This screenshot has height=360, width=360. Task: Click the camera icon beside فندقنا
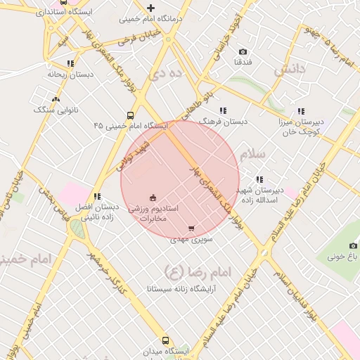[x=243, y=52]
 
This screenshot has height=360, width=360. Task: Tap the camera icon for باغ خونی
[x=353, y=245]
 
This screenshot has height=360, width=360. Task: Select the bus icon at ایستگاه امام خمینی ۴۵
[x=130, y=115]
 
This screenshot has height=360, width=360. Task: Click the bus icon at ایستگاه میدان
[x=165, y=341]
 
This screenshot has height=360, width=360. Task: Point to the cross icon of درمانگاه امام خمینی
[x=150, y=8]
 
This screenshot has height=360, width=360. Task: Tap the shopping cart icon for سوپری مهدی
[x=191, y=229]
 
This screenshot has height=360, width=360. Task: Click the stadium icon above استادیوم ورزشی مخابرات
[x=153, y=198]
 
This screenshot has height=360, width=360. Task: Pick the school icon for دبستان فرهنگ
[x=223, y=110]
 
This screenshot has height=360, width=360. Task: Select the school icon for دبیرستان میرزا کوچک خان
[x=301, y=111]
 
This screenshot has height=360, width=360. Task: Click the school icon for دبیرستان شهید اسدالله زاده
[x=259, y=179]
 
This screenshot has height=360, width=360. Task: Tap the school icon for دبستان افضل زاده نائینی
[x=97, y=196]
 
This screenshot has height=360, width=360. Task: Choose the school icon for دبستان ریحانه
[x=70, y=63]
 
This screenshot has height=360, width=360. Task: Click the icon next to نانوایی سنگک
[x=56, y=99]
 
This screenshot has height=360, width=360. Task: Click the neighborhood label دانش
[x=290, y=70]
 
